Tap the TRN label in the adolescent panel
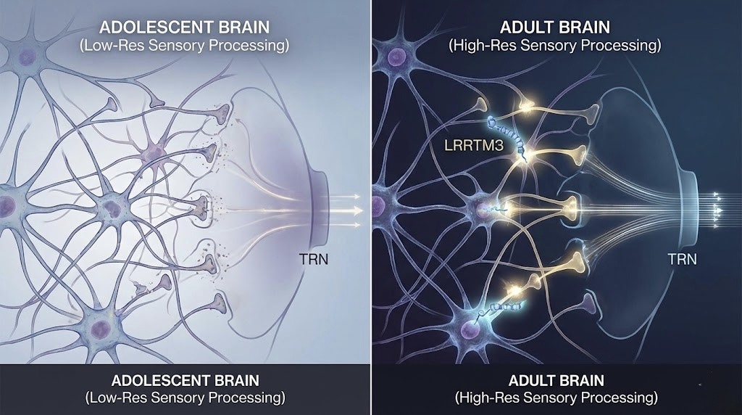click(314, 258)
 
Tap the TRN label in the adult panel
click(682, 258)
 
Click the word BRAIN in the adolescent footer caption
click(233, 381)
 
